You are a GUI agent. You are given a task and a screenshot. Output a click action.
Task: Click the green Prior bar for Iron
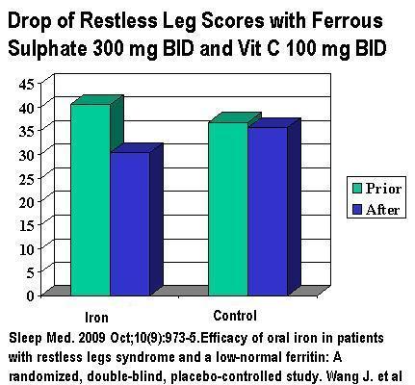click(x=91, y=199)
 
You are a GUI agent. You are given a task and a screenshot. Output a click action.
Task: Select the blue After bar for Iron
click(x=130, y=223)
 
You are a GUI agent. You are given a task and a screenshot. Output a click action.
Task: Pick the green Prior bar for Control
click(x=228, y=209)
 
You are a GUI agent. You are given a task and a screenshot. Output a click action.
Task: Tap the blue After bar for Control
click(x=268, y=211)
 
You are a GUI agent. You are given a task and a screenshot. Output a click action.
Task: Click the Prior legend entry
click(x=376, y=189)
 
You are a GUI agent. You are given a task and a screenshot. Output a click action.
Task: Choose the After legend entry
click(x=376, y=210)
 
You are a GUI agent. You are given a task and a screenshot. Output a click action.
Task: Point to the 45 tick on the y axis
click(x=26, y=85)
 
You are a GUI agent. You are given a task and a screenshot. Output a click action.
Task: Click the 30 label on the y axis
click(x=26, y=155)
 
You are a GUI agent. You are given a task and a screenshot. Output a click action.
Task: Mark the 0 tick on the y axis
click(x=30, y=295)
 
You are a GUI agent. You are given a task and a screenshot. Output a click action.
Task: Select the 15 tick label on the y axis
click(x=26, y=226)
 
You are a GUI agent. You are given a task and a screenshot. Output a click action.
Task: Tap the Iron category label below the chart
click(x=96, y=318)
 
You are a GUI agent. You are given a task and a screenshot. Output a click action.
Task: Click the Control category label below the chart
click(x=235, y=316)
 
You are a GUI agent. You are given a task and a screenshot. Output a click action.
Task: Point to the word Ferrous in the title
click(x=347, y=21)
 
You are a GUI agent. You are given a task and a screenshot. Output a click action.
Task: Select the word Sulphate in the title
click(x=47, y=50)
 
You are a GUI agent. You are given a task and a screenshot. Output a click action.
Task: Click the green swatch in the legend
click(x=357, y=189)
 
